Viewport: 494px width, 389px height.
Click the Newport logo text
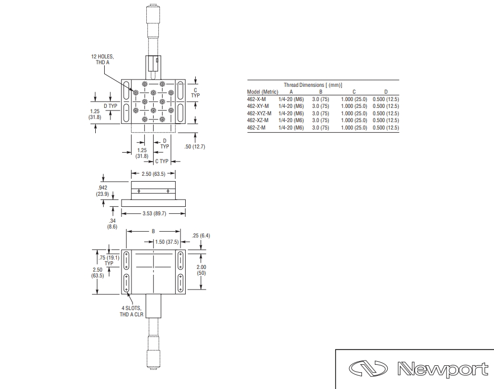click(x=442, y=369)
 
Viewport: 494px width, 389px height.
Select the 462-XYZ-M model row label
click(x=259, y=114)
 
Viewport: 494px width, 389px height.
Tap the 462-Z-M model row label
click(x=256, y=128)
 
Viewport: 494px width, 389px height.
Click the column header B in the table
click(x=321, y=92)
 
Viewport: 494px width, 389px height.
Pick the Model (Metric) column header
click(x=263, y=92)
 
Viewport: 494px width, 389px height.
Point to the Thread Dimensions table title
click(x=313, y=85)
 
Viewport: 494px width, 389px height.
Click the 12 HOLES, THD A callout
click(x=103, y=59)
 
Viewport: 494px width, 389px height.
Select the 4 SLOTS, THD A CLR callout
click(x=132, y=312)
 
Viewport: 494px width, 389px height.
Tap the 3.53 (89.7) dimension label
click(x=154, y=213)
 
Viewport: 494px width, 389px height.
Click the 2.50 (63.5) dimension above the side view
click(x=154, y=174)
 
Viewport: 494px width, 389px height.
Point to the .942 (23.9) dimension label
click(x=103, y=191)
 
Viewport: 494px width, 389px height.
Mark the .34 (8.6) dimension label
click(x=112, y=224)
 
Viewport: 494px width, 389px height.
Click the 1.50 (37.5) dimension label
click(x=167, y=242)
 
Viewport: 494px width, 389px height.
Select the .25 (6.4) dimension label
click(x=201, y=235)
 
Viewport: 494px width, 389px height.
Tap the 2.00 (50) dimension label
click(x=201, y=270)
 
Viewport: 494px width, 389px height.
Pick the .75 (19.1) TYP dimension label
click(x=109, y=261)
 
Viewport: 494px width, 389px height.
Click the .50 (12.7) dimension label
click(x=195, y=146)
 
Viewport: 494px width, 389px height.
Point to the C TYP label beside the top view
click(x=195, y=93)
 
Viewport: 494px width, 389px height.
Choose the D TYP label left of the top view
click(x=110, y=106)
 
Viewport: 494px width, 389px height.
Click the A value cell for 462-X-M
click(x=291, y=99)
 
